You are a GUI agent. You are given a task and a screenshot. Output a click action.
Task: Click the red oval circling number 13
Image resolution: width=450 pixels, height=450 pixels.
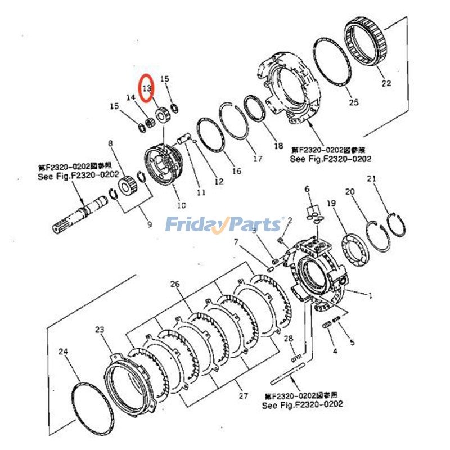147,88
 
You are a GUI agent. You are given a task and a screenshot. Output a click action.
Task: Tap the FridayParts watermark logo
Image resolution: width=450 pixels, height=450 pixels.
224,224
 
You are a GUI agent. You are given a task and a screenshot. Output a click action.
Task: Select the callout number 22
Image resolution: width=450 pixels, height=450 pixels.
385,83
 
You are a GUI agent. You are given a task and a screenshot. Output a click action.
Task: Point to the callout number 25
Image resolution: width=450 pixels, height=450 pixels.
353,102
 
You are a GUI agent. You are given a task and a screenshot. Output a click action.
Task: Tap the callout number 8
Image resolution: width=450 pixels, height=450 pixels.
110,143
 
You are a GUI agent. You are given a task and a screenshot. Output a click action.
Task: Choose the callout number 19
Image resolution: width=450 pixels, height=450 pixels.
331,202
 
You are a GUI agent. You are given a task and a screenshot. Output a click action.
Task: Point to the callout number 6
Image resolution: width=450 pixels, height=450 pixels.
307,188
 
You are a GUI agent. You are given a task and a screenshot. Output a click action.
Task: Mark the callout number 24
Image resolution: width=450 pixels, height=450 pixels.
63,352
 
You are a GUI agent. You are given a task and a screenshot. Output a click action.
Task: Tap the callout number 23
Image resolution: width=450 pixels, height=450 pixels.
100,330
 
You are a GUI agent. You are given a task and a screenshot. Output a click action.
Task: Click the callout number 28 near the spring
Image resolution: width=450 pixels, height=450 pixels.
289,338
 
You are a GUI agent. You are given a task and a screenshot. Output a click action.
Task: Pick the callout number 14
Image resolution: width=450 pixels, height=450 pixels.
130,97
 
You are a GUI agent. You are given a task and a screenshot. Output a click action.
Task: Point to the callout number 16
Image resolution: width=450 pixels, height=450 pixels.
236,171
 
